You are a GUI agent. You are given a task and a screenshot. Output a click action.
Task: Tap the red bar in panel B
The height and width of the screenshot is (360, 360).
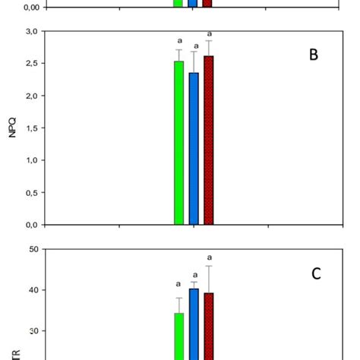pyautogui.click(x=208, y=141)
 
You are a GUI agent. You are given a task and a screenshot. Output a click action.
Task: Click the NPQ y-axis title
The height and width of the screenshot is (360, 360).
pyautogui.click(x=11, y=128)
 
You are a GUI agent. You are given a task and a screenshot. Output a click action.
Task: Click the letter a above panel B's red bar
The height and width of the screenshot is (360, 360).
pyautogui.click(x=209, y=34)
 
